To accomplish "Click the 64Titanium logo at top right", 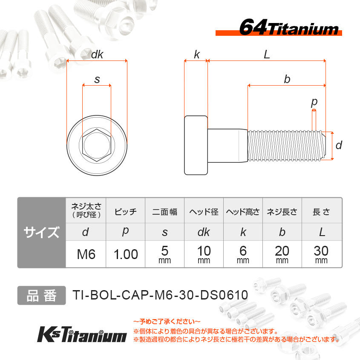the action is (279, 27).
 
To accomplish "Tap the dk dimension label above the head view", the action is (97, 55).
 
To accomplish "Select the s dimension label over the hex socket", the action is (97, 80).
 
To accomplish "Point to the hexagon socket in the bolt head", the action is (97, 145).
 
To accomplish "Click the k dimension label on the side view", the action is (197, 55).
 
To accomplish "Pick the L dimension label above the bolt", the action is (267, 55).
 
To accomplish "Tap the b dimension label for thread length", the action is (287, 79).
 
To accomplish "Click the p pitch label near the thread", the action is (314, 102).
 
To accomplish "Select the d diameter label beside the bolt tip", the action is (339, 145).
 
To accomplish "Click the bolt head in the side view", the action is (196, 145).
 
